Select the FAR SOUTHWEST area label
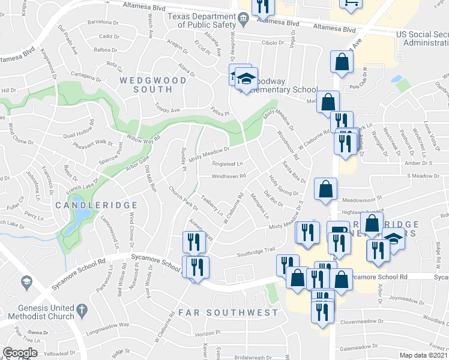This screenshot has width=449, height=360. click(x=229, y=313)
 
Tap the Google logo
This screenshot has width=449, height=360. click(x=20, y=353)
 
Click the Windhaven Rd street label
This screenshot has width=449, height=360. click(x=228, y=176)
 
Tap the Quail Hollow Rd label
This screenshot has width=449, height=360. click(x=80, y=130)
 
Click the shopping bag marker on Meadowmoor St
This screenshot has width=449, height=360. click(x=325, y=190)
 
